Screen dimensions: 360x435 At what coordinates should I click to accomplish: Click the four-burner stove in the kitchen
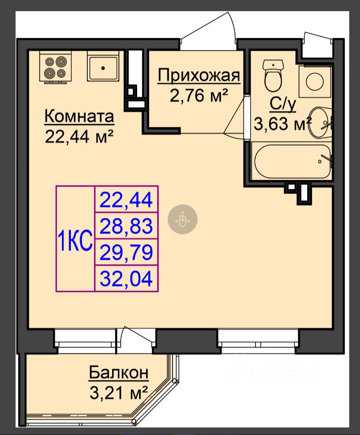[x=56, y=67]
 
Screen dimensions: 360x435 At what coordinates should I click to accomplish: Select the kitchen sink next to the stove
[x=103, y=66]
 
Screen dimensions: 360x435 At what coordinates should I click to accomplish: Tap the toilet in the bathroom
[x=273, y=75]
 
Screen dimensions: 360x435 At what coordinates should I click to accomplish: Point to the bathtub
[x=292, y=162]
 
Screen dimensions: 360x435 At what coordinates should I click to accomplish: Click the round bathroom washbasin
[x=320, y=123]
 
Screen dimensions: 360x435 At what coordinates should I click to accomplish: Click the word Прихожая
[x=199, y=75]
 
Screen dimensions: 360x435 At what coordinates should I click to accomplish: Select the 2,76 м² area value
[x=198, y=95]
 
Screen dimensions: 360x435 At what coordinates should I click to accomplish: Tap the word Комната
[x=79, y=116]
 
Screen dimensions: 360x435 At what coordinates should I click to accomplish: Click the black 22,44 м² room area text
[x=79, y=137]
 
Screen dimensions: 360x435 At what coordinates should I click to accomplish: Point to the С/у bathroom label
[x=283, y=104]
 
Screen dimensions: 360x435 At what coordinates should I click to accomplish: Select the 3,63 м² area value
[x=282, y=124]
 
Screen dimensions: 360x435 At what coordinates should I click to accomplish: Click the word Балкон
[x=119, y=373]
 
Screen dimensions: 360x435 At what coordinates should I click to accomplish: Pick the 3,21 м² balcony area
[x=119, y=393]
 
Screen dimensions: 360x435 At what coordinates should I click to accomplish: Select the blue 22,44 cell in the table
[x=127, y=200]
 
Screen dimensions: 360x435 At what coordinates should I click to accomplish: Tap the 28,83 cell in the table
[x=127, y=226]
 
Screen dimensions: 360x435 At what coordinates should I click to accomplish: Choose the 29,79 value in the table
[x=127, y=252]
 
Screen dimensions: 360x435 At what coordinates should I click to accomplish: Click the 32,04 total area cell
[x=127, y=279]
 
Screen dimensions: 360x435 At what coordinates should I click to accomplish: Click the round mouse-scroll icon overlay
[x=183, y=219]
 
